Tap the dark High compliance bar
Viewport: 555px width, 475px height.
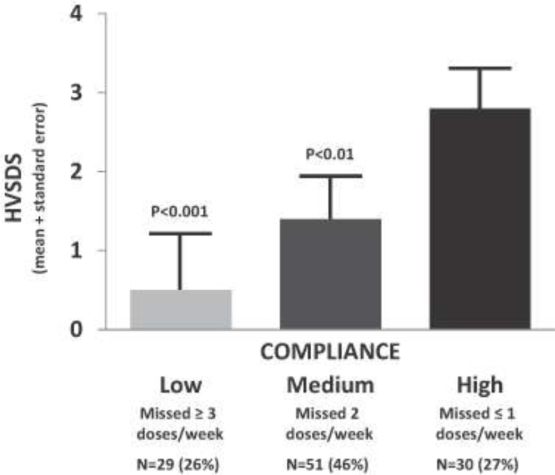480,219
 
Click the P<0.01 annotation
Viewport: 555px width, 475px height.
330,154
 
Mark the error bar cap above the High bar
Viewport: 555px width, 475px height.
480,68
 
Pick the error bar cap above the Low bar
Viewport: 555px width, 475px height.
180,233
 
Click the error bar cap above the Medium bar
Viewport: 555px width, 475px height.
330,175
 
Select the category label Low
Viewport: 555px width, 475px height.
180,385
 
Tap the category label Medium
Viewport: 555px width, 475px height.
330,385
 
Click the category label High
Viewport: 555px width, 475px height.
480,385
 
